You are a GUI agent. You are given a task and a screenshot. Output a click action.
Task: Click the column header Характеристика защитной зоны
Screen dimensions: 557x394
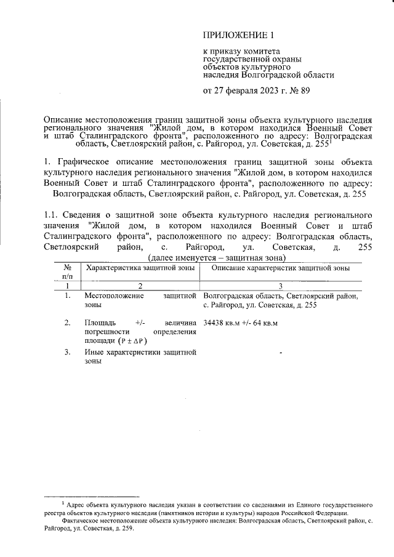pyautogui.click(x=140, y=268)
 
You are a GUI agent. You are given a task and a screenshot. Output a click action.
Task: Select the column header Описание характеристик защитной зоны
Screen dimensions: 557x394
pyautogui.click(x=280, y=268)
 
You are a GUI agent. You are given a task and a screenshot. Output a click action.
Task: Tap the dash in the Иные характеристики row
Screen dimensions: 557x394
pyautogui.click(x=281, y=353)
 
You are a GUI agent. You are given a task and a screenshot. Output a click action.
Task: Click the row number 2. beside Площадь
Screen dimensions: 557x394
pyautogui.click(x=67, y=323)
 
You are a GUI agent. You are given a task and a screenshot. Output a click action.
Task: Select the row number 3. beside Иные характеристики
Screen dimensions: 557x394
pyautogui.click(x=67, y=352)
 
